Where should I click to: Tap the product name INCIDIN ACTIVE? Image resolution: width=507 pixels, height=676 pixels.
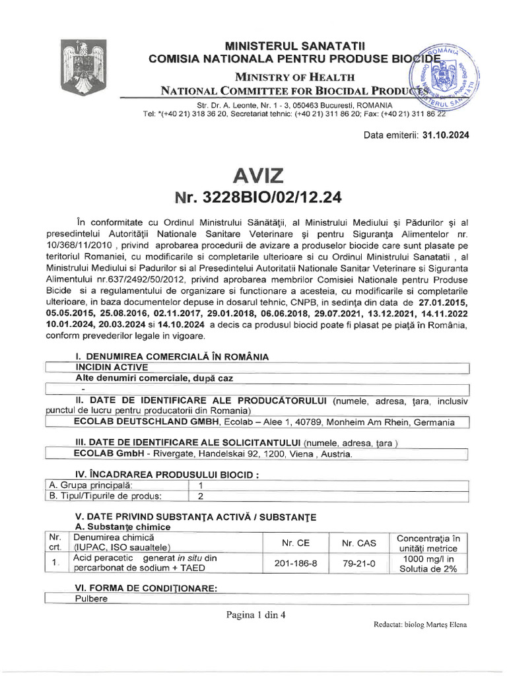point(112,367)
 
